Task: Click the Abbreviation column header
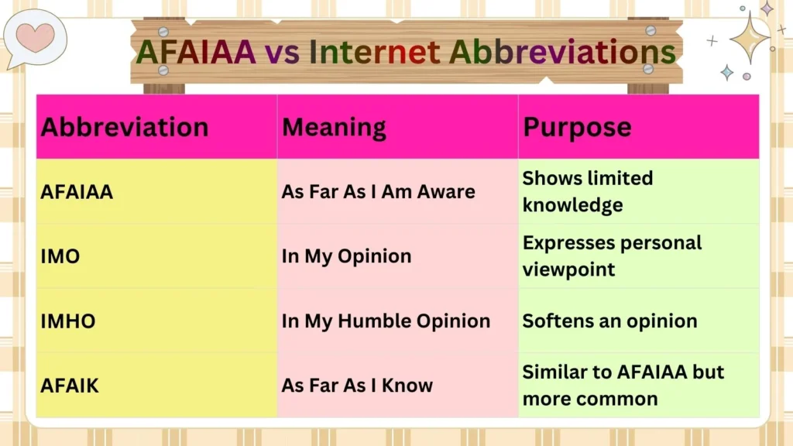point(124,127)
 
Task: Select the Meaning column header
point(334,127)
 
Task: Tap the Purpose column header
point(577,127)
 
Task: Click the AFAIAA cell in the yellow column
point(77,191)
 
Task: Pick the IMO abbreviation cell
point(60,256)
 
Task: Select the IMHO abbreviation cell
point(68,321)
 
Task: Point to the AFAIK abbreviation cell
point(70,385)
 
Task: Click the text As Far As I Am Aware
point(378,191)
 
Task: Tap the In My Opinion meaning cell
point(346,256)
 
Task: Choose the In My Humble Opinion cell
point(386,321)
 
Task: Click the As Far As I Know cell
point(357,385)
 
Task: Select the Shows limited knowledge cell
point(587,191)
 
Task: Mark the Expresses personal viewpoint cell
point(612,256)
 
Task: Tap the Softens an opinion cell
point(609,321)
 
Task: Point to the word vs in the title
point(281,52)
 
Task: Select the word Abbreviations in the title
point(563,52)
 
